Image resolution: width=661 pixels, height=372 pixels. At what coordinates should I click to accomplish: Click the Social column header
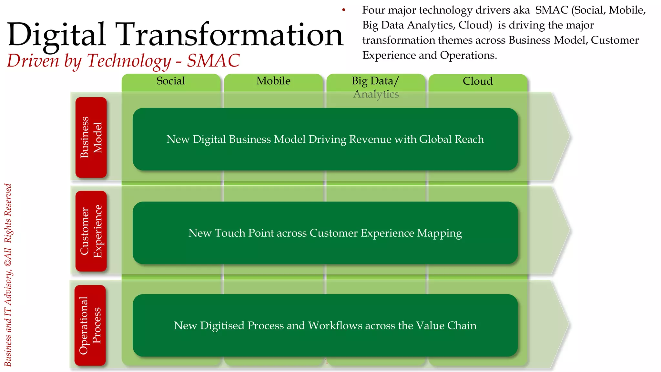(x=171, y=81)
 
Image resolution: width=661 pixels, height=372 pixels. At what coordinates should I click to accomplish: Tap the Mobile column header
(x=273, y=81)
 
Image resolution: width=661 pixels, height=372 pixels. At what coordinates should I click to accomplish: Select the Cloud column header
(x=477, y=81)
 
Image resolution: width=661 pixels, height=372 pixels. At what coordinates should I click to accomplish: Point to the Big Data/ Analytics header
(x=375, y=87)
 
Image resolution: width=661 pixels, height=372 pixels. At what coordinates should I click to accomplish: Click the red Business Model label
(x=91, y=137)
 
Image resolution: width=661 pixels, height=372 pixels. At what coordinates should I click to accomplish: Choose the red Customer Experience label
(x=91, y=231)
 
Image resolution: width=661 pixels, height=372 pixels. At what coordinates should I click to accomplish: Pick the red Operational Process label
(x=90, y=325)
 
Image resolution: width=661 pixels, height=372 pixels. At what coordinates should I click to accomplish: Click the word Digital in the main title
(x=57, y=35)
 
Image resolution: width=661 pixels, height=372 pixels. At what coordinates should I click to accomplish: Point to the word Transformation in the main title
(x=229, y=35)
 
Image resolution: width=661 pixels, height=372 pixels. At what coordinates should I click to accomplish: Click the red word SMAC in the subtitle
(x=213, y=60)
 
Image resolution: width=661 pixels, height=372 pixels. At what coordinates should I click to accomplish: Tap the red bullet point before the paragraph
(x=344, y=10)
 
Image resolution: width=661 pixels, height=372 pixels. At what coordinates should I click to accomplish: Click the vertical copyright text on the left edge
(x=8, y=274)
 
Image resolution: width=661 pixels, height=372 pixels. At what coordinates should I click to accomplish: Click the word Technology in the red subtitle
(x=129, y=61)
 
